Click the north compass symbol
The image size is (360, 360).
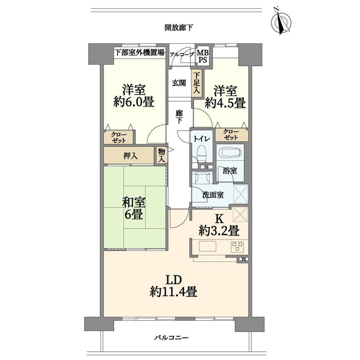click(281, 22)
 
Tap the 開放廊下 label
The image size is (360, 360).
click(179, 28)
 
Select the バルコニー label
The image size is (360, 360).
click(171, 338)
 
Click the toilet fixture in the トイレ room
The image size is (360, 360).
click(202, 153)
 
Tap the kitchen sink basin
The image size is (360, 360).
click(207, 247)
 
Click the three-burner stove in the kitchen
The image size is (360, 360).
click(238, 247)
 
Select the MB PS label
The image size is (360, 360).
click(203, 56)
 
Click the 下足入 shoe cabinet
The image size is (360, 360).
click(196, 83)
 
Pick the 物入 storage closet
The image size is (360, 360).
click(162, 155)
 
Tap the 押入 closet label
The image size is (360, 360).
click(130, 156)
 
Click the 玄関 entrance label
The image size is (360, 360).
click(179, 83)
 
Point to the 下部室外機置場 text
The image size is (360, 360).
click(140, 52)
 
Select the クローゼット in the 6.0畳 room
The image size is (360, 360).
click(119, 137)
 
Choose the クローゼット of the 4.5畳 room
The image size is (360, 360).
click(231, 135)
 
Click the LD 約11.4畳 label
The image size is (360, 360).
click(174, 286)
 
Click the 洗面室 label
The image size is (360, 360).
click(213, 195)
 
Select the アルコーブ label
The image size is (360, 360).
click(182, 55)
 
